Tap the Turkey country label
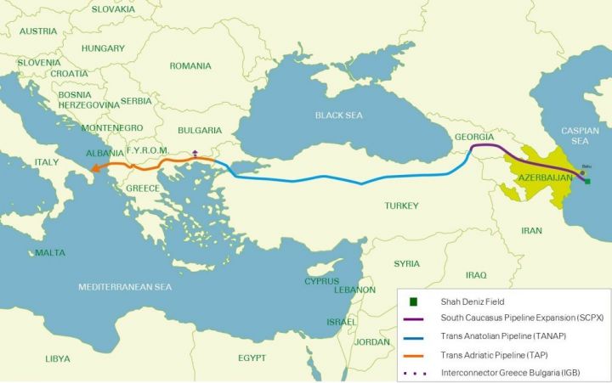(x=401, y=206)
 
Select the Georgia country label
(x=473, y=138)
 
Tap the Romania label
(x=190, y=65)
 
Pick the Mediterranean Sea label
(x=125, y=287)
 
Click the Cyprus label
(x=322, y=281)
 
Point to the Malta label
(x=50, y=253)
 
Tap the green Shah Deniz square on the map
(x=587, y=181)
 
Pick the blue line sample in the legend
(x=413, y=336)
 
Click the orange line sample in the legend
(x=413, y=353)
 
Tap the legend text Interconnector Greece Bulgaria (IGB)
(x=508, y=371)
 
